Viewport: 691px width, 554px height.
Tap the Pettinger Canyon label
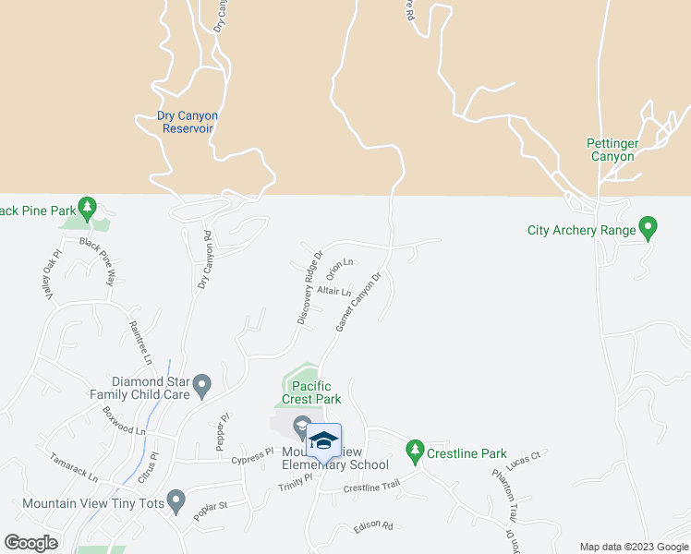(612, 150)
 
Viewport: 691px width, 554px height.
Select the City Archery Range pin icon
(649, 226)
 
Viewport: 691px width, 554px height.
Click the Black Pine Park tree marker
(88, 207)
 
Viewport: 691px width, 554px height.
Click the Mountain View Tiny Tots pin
(177, 503)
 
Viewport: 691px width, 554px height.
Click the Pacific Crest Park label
(316, 392)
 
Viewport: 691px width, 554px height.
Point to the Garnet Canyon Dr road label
(359, 303)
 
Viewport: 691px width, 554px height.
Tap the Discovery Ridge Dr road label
(309, 287)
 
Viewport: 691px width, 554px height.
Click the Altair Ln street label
(333, 291)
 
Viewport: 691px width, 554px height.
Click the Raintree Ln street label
(140, 343)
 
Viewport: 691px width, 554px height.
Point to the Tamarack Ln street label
(73, 466)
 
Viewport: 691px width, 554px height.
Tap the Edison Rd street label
(373, 527)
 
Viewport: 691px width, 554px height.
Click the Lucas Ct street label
(527, 456)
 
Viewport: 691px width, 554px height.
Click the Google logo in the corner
(30, 543)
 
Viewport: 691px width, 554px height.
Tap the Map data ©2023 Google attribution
(634, 547)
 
